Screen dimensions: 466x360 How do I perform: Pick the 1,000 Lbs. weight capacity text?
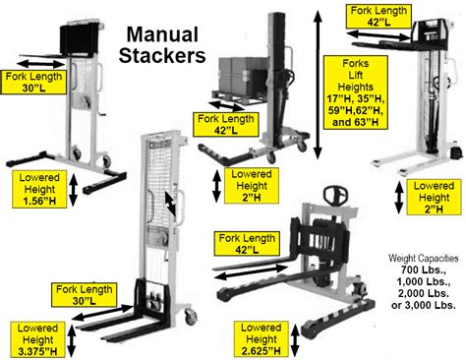[423, 281]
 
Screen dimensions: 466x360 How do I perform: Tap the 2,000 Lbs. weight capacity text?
[423, 293]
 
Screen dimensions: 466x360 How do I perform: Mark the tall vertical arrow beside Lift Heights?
[317, 83]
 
